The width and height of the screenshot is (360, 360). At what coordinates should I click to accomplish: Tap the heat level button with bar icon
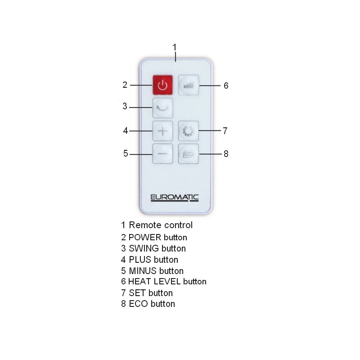[x=189, y=85]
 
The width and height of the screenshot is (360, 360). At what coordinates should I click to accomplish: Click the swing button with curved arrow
[x=162, y=108]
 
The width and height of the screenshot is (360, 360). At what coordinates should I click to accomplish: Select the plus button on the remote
[x=162, y=131]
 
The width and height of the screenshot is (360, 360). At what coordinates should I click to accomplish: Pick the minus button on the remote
[x=162, y=153]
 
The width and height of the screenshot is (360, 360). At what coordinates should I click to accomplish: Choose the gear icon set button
[x=189, y=131]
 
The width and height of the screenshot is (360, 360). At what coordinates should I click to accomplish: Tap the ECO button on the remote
[x=189, y=153]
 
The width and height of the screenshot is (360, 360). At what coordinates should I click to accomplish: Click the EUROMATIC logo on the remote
[x=175, y=198]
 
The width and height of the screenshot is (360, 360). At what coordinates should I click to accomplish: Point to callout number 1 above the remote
[x=175, y=47]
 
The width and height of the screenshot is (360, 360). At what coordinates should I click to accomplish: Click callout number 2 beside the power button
[x=125, y=85]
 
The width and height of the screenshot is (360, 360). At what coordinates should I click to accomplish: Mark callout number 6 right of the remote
[x=226, y=85]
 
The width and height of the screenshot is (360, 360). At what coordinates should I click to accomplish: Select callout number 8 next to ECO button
[x=226, y=154]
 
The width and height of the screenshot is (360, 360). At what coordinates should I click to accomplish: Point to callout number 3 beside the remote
[x=125, y=106]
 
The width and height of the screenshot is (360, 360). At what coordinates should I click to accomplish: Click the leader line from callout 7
[x=210, y=130]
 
